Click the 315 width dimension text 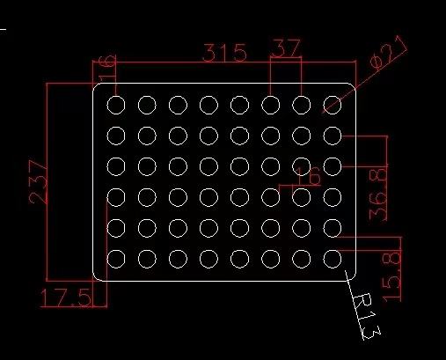click(224, 53)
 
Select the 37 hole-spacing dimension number click(286, 48)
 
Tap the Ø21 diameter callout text click(388, 52)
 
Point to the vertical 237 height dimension click(38, 182)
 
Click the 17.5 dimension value click(65, 298)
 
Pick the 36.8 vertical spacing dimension click(378, 195)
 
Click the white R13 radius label click(366, 316)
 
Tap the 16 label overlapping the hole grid click(309, 176)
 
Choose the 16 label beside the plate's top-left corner click(107, 68)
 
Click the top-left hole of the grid click(116, 105)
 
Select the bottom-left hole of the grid click(116, 259)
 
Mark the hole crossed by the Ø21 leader click(333, 105)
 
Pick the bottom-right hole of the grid click(333, 259)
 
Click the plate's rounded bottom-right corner click(353, 278)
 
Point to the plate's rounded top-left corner click(96, 86)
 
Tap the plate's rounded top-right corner click(353, 86)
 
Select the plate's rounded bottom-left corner click(96, 278)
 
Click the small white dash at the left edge click(3, 29)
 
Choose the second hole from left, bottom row click(147, 259)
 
